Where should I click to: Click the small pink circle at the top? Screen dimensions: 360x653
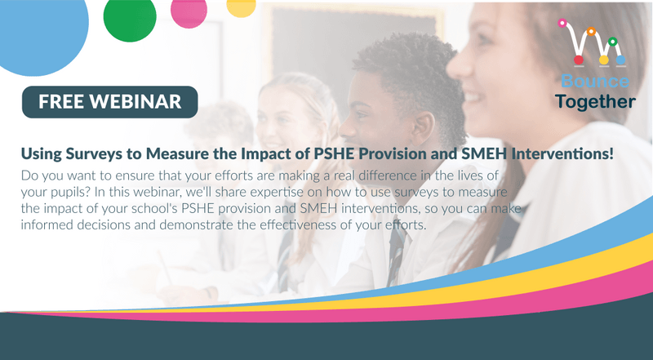pyautogui.click(x=189, y=11)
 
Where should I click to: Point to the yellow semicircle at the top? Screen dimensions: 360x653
pyautogui.click(x=240, y=6)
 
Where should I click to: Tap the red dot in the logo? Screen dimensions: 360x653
pyautogui.click(x=579, y=60)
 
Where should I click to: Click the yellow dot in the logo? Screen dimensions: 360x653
pyautogui.click(x=604, y=60)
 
